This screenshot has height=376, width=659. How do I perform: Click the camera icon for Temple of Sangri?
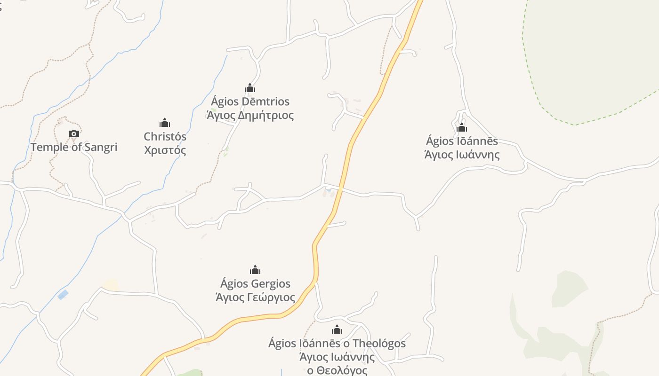[x=74, y=134]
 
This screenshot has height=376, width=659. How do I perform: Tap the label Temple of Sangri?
[x=74, y=147]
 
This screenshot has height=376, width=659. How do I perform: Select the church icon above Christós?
[x=165, y=123]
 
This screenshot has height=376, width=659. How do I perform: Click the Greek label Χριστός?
[x=165, y=150]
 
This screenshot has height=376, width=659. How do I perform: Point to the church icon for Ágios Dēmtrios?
[x=250, y=88]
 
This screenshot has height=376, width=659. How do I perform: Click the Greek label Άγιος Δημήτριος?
[x=250, y=115]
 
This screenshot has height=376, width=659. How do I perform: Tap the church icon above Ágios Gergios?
[x=255, y=270]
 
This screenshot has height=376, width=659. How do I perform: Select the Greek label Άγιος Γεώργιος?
[x=255, y=298]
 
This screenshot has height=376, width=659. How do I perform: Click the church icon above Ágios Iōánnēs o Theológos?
[x=337, y=329]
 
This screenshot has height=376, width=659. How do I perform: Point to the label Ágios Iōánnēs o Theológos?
[x=337, y=344]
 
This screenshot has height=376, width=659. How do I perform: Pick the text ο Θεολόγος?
[x=337, y=370]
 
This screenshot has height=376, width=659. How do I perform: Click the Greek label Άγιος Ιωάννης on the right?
[x=462, y=155]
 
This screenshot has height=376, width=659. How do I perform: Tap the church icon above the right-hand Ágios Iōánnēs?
[x=462, y=127]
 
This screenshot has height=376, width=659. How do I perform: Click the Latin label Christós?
[x=165, y=137]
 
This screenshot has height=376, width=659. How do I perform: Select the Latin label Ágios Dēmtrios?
[x=250, y=102]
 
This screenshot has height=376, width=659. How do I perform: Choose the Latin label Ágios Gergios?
[x=255, y=284]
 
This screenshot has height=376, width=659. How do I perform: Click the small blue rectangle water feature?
[x=63, y=295]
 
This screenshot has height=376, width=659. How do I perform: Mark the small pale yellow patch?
[x=111, y=285]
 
